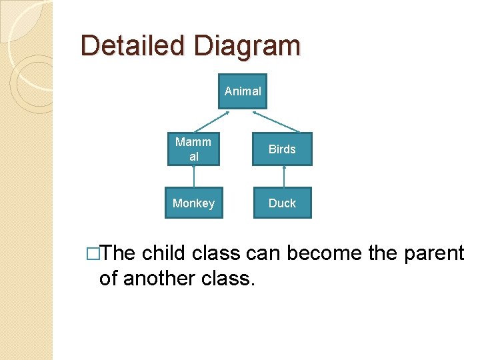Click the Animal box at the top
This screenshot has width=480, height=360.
[x=243, y=91]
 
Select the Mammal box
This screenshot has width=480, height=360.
[x=193, y=149]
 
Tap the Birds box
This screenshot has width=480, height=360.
[x=282, y=149]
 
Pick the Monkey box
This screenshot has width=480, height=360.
[x=193, y=203]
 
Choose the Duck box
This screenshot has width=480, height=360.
[x=282, y=203]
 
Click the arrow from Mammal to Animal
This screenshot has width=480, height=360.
[x=211, y=121]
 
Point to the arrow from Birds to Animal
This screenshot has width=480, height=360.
[x=276, y=121]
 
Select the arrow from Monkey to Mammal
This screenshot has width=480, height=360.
[x=194, y=177]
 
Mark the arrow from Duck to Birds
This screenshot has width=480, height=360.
[x=284, y=177]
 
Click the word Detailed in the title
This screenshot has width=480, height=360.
[x=133, y=46]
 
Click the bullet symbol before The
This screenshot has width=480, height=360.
[x=93, y=254]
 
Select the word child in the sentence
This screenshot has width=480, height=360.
[x=165, y=253]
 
